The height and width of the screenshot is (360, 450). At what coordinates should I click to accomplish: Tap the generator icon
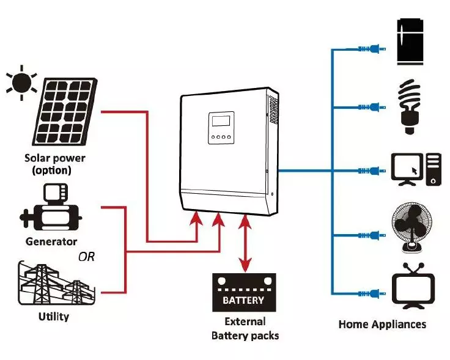coord(51,208)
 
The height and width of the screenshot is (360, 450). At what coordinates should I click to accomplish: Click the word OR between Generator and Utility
coord(86,257)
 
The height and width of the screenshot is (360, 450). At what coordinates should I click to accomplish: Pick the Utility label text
coord(53,317)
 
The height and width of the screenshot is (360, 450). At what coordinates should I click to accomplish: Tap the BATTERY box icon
coord(243,293)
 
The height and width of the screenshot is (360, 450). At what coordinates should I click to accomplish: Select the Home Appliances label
coord(382,325)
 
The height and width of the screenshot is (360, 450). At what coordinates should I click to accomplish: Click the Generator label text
coord(51,241)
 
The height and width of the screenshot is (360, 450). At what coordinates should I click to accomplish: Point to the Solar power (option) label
coord(55,164)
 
